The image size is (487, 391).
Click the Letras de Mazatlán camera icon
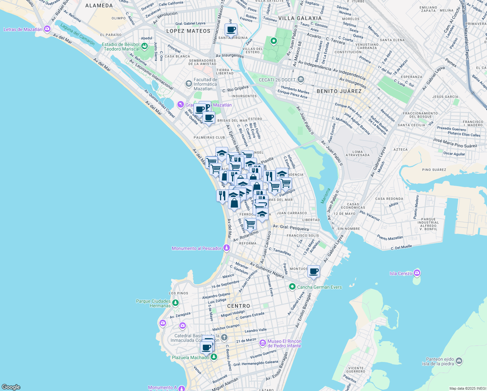click(x=47, y=29)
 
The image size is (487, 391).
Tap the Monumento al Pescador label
click(x=197, y=248)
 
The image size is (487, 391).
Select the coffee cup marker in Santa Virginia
click(x=231, y=30)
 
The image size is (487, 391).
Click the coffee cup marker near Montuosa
click(x=314, y=271)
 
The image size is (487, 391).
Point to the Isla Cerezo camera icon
click(x=417, y=273)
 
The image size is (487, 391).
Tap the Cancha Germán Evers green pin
click(x=292, y=287)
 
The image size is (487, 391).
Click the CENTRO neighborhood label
click(x=239, y=306)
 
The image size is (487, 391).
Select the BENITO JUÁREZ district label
click(x=339, y=91)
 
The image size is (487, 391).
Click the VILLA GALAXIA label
click(x=300, y=18)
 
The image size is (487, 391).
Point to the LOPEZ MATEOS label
click(x=188, y=31)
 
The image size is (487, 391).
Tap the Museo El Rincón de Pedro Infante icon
click(x=262, y=343)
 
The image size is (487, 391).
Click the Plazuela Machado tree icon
click(x=214, y=357)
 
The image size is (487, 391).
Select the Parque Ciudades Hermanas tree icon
click(x=175, y=303)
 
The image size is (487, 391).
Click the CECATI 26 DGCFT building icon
click(x=301, y=80)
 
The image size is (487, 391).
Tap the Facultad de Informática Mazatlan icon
click(x=188, y=84)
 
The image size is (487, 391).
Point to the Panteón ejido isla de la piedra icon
click(x=459, y=361)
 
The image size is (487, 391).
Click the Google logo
click(x=11, y=387)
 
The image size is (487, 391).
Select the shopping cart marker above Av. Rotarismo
click(x=250, y=224)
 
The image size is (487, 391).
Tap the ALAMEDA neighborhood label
click(x=99, y=6)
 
